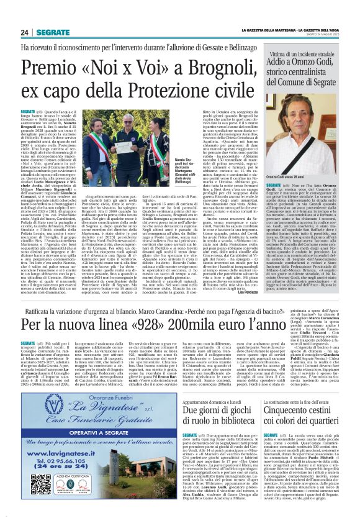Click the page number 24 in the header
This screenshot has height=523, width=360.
24,32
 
